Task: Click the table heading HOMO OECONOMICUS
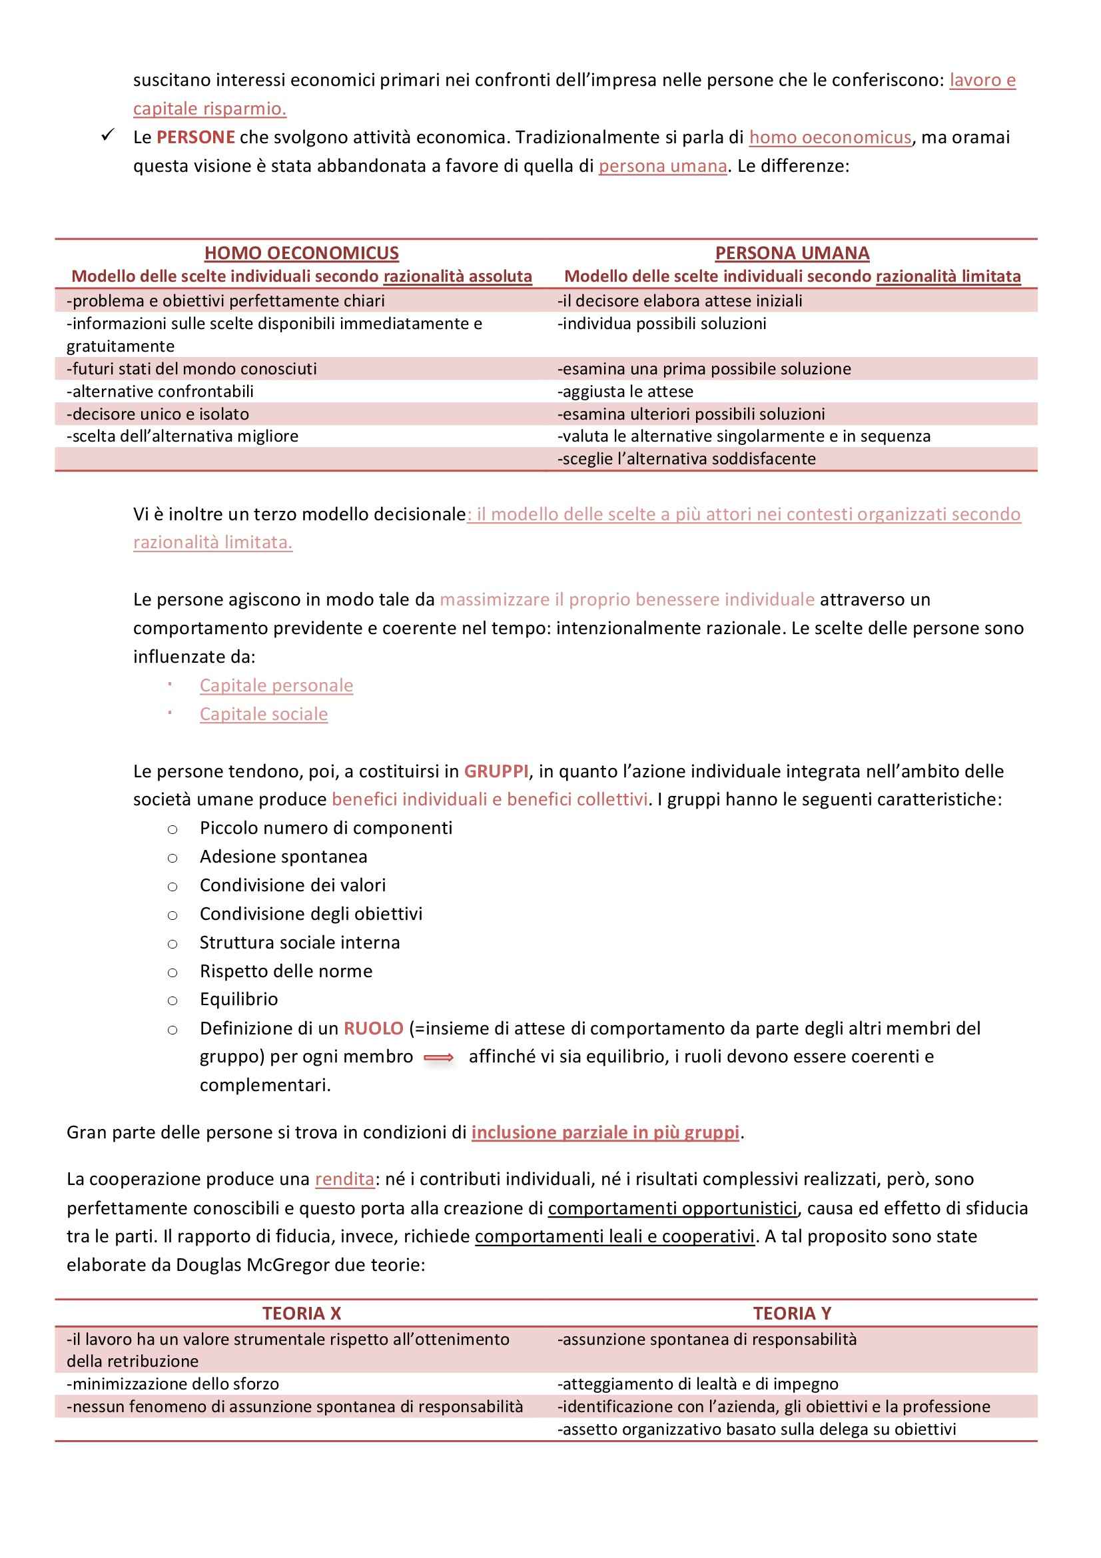301,253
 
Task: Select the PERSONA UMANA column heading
792,253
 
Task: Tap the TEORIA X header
301,1313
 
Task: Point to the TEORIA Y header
792,1313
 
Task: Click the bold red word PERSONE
195,137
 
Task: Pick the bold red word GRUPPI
496,771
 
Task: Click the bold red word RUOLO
373,1028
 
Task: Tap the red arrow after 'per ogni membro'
439,1057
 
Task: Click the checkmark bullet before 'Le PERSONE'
108,135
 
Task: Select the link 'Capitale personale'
276,685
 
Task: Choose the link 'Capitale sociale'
263,714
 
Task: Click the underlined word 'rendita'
344,1179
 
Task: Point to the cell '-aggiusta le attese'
625,392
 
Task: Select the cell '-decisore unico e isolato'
158,414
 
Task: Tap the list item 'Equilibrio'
239,999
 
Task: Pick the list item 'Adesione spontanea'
284,857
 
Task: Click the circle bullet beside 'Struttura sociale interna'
173,944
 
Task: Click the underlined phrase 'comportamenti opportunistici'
672,1208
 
